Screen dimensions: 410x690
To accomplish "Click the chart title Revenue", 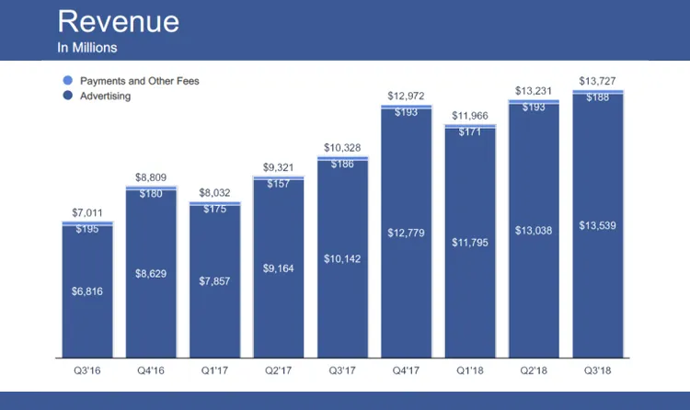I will pos(118,22).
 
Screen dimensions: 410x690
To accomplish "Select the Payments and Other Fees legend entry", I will pos(138,81).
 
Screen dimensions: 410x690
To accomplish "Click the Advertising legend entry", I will pos(105,96).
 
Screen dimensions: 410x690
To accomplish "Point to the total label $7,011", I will pos(87,213).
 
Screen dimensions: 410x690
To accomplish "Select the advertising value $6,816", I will pos(87,291).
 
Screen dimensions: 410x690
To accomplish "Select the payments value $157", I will pos(279,184).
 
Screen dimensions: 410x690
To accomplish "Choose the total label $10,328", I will pos(342,148).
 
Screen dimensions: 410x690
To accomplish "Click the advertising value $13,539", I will pos(597,225).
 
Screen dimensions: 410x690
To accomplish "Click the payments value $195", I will pos(87,229).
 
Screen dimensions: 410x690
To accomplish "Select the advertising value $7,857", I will pos(214,280).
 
